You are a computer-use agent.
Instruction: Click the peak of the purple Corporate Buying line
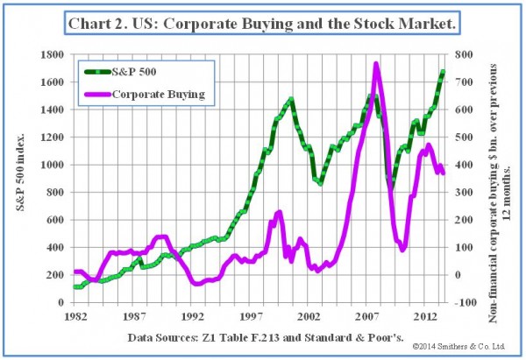376,64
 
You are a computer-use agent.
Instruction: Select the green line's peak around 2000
291,100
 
